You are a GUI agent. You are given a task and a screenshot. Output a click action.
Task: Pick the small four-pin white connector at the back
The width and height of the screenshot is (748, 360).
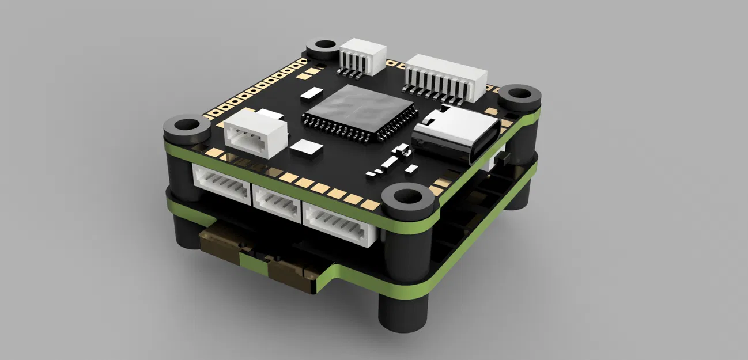click(x=362, y=57)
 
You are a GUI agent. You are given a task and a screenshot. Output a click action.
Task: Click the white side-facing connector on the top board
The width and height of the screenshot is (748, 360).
click(x=256, y=132)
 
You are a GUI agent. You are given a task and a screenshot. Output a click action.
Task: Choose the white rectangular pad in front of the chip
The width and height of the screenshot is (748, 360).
click(x=307, y=149)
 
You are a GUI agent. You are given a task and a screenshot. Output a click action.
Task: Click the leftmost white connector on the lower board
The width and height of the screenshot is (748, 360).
click(x=221, y=184)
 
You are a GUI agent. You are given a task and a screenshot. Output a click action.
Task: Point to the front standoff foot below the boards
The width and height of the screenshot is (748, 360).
click(x=403, y=313)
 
